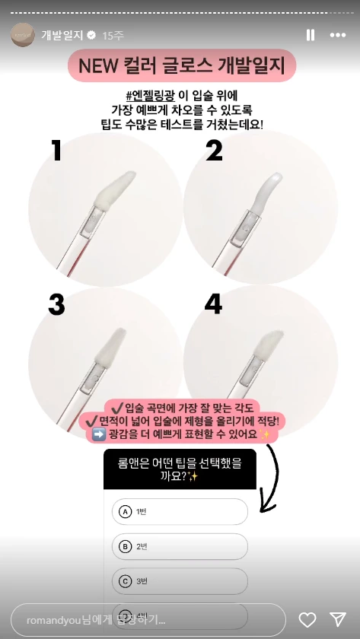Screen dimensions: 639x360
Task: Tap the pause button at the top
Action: click(x=311, y=35)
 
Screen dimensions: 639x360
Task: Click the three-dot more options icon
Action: click(x=337, y=35)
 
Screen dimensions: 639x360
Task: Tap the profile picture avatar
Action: click(x=22, y=35)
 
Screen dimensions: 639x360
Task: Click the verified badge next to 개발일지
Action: click(x=92, y=36)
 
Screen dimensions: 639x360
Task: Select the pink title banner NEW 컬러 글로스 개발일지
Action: click(x=181, y=67)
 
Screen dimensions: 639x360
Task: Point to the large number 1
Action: click(x=57, y=151)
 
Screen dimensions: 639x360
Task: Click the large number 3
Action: click(x=56, y=304)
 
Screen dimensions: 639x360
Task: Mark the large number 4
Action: click(x=213, y=304)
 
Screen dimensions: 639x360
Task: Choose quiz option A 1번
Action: click(x=179, y=511)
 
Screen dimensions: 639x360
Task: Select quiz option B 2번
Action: click(x=179, y=546)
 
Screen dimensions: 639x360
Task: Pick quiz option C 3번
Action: click(x=179, y=581)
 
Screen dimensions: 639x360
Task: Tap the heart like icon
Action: click(x=307, y=618)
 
